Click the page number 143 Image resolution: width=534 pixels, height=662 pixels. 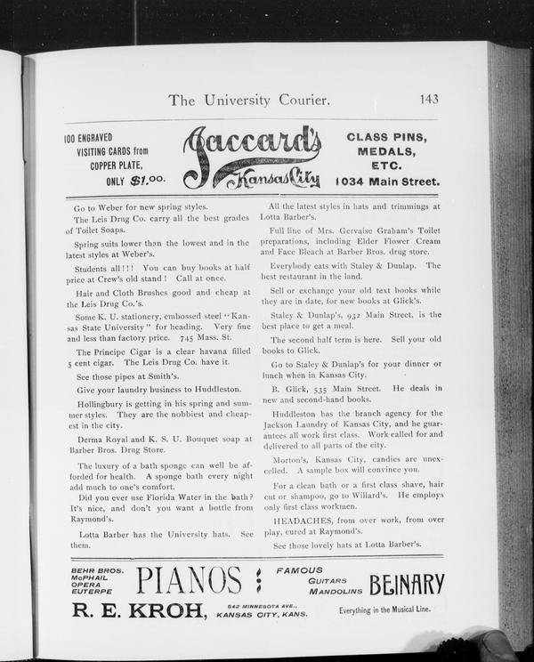coord(425,99)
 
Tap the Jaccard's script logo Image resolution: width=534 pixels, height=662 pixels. coord(252,157)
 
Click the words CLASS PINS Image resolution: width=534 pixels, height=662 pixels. coord(386,137)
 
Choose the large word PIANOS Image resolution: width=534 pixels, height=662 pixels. coord(189,581)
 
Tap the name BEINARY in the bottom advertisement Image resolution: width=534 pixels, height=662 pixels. coord(406,584)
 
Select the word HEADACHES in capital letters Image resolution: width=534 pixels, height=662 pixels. coord(301,519)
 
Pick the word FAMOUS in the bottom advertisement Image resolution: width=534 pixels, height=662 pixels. coord(299,569)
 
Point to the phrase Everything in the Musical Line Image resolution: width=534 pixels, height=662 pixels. coord(391,611)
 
